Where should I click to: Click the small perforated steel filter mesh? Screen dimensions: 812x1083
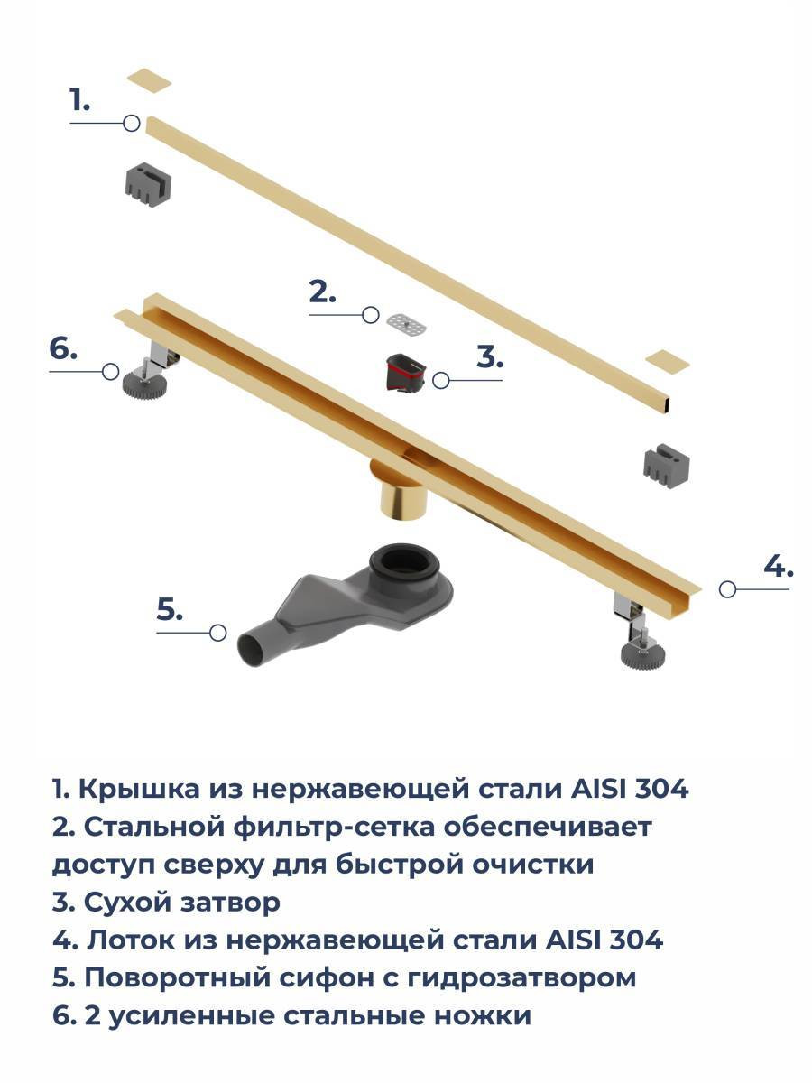coord(406,325)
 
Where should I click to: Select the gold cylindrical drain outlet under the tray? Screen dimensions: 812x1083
coord(399,487)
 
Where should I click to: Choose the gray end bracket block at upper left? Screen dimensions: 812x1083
coord(147,183)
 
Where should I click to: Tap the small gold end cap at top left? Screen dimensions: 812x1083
coord(150,81)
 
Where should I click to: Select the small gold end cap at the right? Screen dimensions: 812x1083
coord(667,360)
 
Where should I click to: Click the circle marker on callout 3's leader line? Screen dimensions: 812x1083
coord(441,380)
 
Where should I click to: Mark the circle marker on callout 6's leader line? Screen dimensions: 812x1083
coord(110,372)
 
